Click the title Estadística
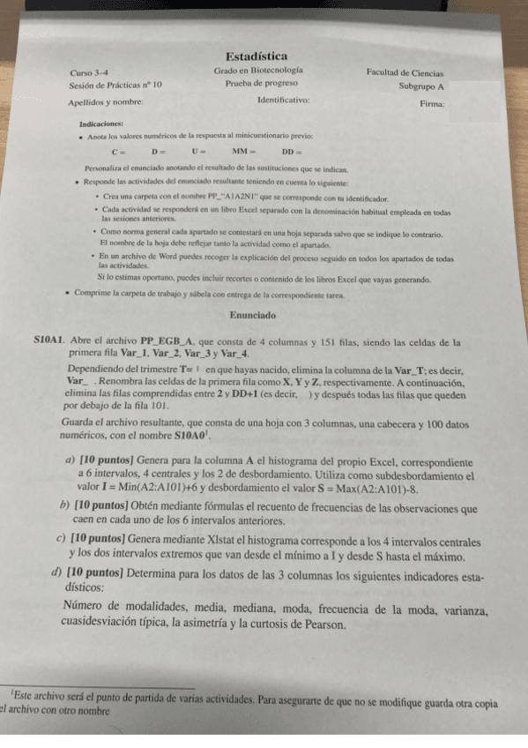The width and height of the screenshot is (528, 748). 256,56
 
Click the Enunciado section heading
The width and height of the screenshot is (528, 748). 253,314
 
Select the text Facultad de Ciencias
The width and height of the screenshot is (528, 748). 405,73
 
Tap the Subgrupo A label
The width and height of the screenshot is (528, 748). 420,86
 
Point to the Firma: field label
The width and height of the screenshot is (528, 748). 432,103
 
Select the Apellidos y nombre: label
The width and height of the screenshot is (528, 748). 106,102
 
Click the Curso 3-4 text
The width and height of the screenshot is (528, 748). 89,72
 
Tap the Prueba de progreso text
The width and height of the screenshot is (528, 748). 258,85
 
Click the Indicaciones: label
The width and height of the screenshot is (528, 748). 101,124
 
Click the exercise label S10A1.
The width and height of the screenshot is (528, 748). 48,340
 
